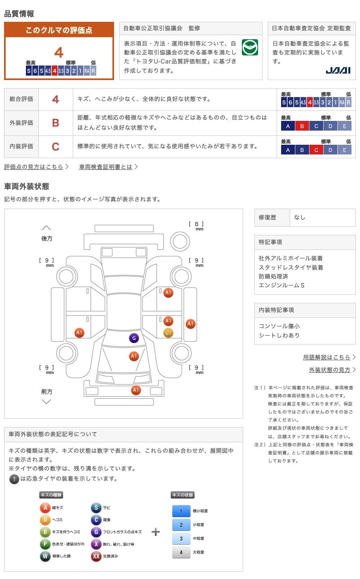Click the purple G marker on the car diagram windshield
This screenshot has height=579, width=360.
134,338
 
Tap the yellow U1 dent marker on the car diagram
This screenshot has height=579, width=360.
168,333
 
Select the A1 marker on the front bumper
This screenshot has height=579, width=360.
136,390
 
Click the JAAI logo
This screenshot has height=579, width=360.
338,70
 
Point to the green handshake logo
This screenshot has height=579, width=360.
250,48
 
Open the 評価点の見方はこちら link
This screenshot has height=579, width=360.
34,167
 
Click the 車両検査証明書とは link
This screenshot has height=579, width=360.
106,167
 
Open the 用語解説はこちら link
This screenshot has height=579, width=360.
327,357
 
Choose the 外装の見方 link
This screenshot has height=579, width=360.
330,370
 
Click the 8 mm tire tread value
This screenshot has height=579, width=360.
197,224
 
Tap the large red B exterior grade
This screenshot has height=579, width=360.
56,123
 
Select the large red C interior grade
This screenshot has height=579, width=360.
56,146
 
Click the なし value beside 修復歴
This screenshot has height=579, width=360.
300,217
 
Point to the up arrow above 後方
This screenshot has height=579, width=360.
47,228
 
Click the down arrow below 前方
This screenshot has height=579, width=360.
47,401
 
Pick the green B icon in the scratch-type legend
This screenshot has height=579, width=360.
45,532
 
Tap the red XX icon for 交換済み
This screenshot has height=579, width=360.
96,556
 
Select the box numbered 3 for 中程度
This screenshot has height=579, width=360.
181,538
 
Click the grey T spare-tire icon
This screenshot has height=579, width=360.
14,479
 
